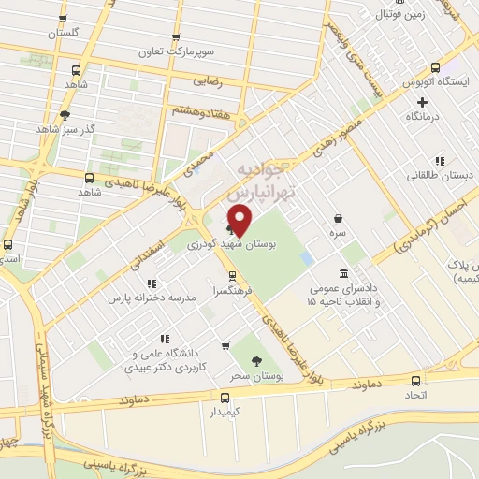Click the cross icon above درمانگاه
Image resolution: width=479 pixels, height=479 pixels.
tap(422, 102)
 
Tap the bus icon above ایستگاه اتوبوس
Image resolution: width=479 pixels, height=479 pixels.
tap(435, 67)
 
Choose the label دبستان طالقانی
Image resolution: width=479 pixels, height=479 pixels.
tap(439, 176)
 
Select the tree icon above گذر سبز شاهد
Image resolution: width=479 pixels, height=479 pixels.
tap(64, 116)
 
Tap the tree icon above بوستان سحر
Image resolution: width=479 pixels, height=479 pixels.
tap(257, 360)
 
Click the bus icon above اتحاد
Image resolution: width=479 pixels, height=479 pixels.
tap(416, 380)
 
